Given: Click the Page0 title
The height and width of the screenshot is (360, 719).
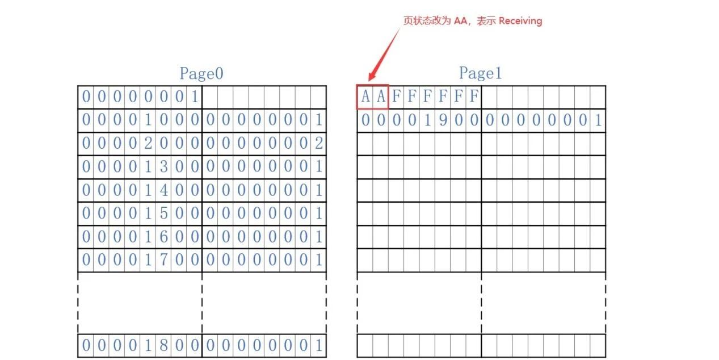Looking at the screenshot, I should click(x=201, y=73).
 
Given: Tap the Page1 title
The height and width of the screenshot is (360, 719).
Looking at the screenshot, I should click(x=480, y=73).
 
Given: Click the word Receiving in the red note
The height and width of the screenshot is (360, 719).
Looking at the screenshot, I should click(x=520, y=21).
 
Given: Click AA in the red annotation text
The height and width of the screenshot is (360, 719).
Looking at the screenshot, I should click(x=460, y=21).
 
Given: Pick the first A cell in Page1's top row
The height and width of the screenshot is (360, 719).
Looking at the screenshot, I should click(x=365, y=97).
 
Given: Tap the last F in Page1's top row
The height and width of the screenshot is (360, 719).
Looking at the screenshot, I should click(x=474, y=97).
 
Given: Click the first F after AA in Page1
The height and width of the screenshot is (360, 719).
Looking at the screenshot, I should click(x=396, y=97).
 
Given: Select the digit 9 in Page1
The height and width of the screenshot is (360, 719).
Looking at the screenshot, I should click(x=443, y=120).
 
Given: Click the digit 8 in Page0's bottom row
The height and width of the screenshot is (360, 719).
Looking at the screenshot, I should click(x=163, y=345).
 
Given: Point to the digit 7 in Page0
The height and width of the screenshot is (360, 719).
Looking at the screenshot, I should click(x=163, y=260).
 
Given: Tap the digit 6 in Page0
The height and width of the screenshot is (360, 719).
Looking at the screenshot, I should click(x=163, y=237).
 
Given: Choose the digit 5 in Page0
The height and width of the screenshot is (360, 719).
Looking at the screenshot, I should click(x=163, y=214).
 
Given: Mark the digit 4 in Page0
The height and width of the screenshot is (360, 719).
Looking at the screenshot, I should click(x=163, y=190).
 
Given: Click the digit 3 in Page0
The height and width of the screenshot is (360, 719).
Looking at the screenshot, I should click(x=163, y=167).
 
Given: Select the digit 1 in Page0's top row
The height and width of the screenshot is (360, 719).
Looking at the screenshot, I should click(x=194, y=97).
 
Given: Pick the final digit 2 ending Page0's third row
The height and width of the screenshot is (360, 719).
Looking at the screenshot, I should click(x=318, y=144).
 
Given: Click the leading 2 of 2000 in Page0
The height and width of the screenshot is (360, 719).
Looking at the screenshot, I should click(x=148, y=144).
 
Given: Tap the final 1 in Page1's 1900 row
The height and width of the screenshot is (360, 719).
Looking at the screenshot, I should click(x=598, y=120).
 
